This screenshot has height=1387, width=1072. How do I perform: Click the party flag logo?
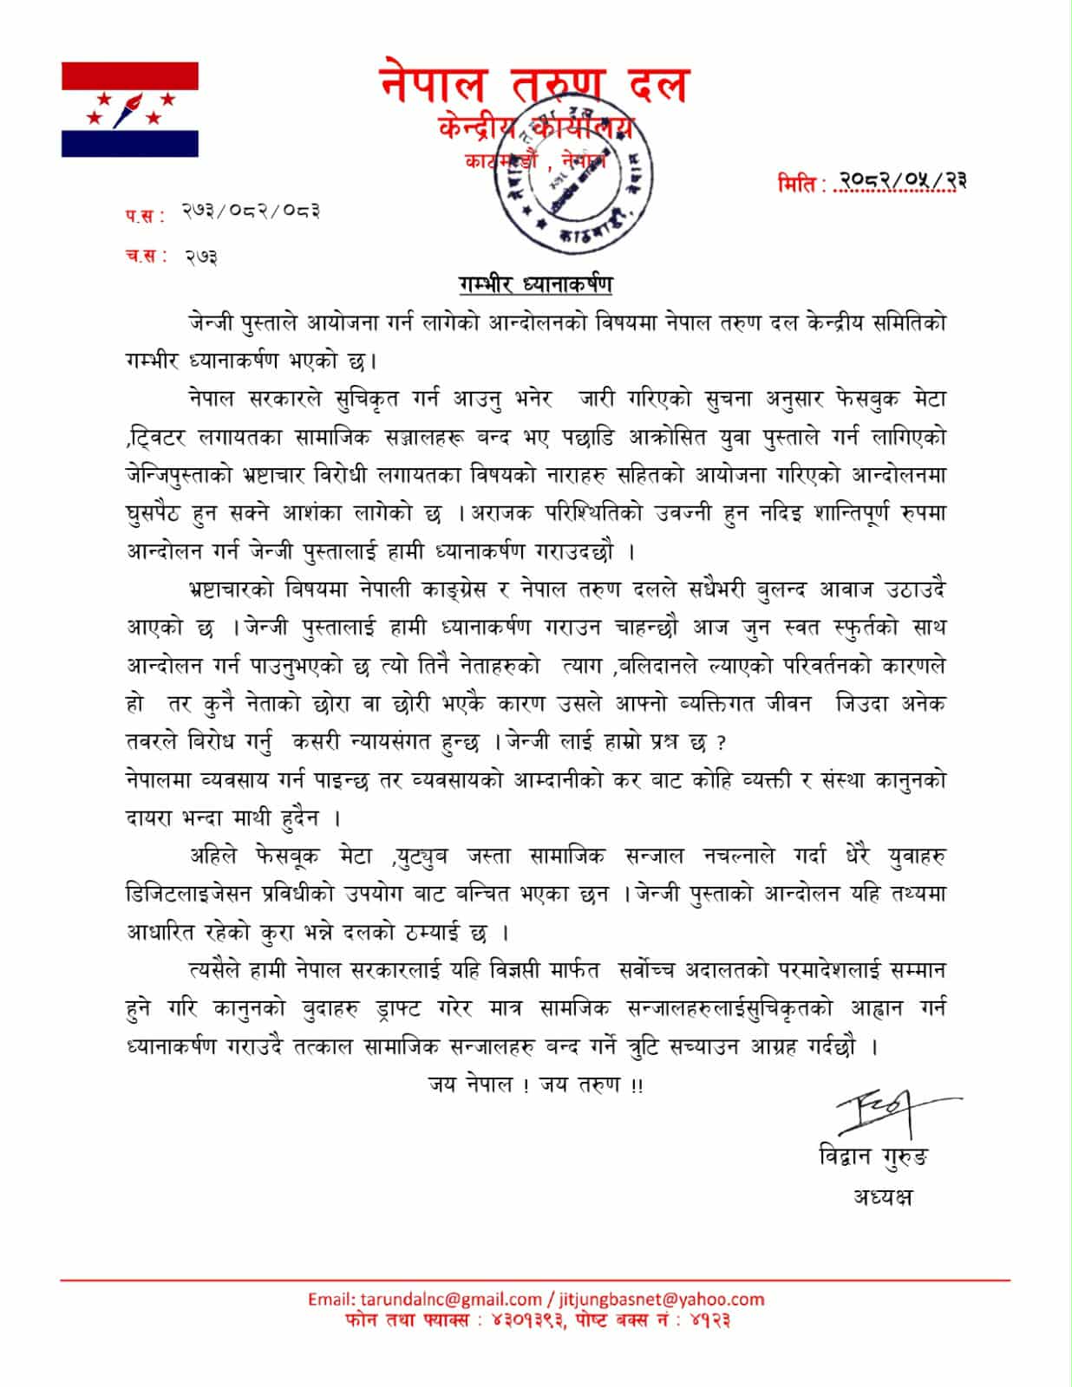(130, 109)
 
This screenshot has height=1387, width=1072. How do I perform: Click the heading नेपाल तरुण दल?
(534, 85)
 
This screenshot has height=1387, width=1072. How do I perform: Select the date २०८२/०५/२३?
(898, 181)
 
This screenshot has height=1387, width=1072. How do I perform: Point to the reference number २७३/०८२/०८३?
(252, 212)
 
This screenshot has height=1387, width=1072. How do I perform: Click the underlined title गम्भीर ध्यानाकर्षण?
(536, 284)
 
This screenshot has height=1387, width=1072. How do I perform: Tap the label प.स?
(143, 216)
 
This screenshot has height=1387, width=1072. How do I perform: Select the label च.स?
(143, 257)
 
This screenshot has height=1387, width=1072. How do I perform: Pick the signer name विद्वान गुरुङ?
(873, 1157)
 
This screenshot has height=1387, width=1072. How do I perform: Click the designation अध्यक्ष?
(882, 1198)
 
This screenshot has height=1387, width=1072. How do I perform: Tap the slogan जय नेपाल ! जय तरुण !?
(535, 1084)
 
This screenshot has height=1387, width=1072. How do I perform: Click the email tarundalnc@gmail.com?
(425, 1299)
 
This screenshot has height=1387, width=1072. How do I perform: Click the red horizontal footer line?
(535, 1280)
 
